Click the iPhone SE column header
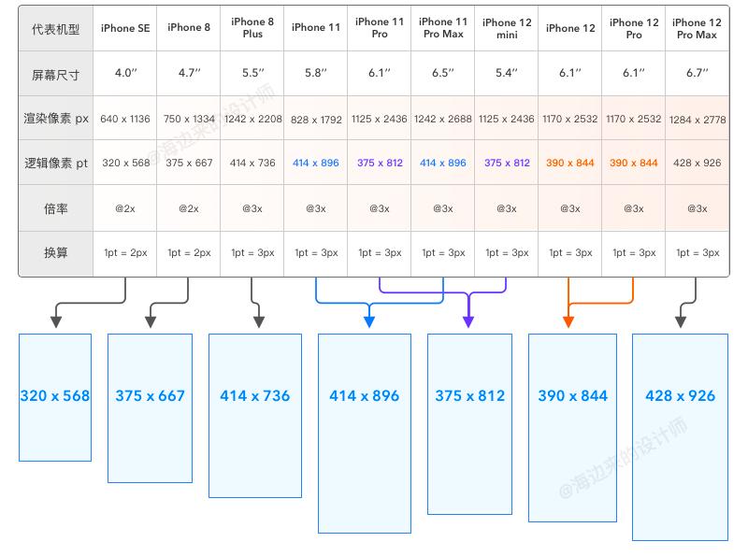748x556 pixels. click(125, 28)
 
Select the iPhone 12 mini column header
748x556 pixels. click(507, 29)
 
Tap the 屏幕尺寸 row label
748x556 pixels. click(55, 75)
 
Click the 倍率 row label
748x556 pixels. click(56, 208)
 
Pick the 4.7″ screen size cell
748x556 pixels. click(190, 73)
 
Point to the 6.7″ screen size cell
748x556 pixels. click(697, 73)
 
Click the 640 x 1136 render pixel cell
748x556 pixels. click(125, 119)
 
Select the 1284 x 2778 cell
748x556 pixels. click(698, 120)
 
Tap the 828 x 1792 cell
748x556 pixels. click(316, 120)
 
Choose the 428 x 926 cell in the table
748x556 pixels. click(697, 163)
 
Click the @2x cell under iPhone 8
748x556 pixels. click(189, 208)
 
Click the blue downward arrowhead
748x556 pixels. click(368, 321)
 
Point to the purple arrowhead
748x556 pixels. click(468, 321)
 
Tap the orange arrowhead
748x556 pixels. click(568, 321)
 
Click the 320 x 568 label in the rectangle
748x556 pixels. click(55, 396)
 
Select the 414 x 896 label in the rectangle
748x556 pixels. click(364, 396)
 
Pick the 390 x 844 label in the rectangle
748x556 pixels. click(572, 396)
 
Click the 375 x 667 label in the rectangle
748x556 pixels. click(150, 396)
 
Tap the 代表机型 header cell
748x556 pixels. click(55, 29)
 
